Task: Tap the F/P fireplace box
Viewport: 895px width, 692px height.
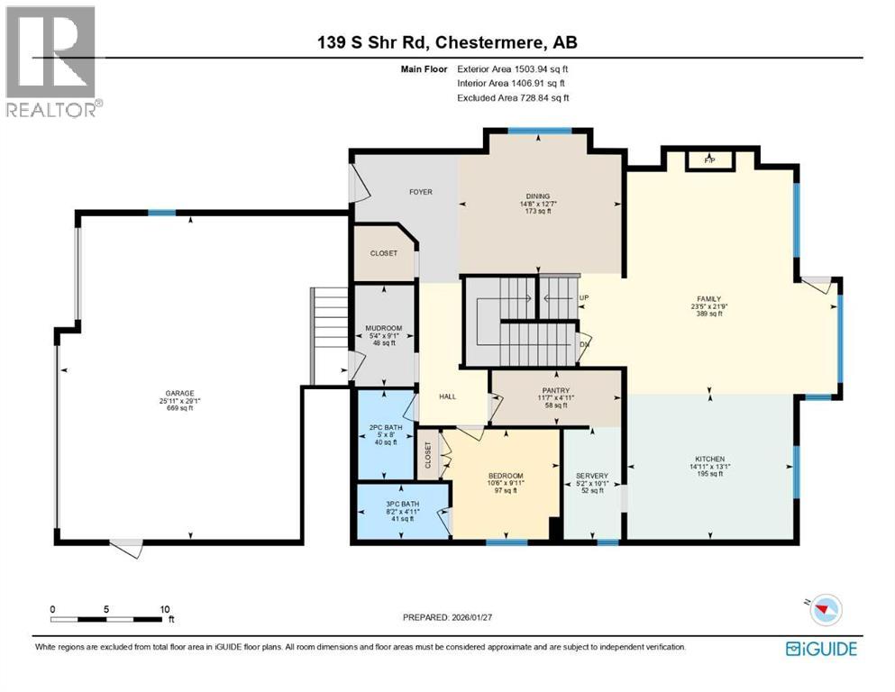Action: pyautogui.click(x=709, y=160)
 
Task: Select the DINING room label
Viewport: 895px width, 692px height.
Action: pyautogui.click(x=538, y=196)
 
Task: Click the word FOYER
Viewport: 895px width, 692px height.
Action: pyautogui.click(x=420, y=192)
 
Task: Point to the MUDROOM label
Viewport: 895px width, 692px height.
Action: pyautogui.click(x=383, y=328)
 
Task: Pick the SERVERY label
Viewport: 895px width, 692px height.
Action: pyautogui.click(x=592, y=476)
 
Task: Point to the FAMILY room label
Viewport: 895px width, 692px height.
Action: pyautogui.click(x=708, y=299)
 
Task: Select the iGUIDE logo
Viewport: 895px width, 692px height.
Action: pyautogui.click(x=821, y=649)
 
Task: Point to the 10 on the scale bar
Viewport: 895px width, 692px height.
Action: pyautogui.click(x=165, y=609)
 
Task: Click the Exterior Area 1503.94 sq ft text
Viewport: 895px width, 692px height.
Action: pyautogui.click(x=513, y=68)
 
